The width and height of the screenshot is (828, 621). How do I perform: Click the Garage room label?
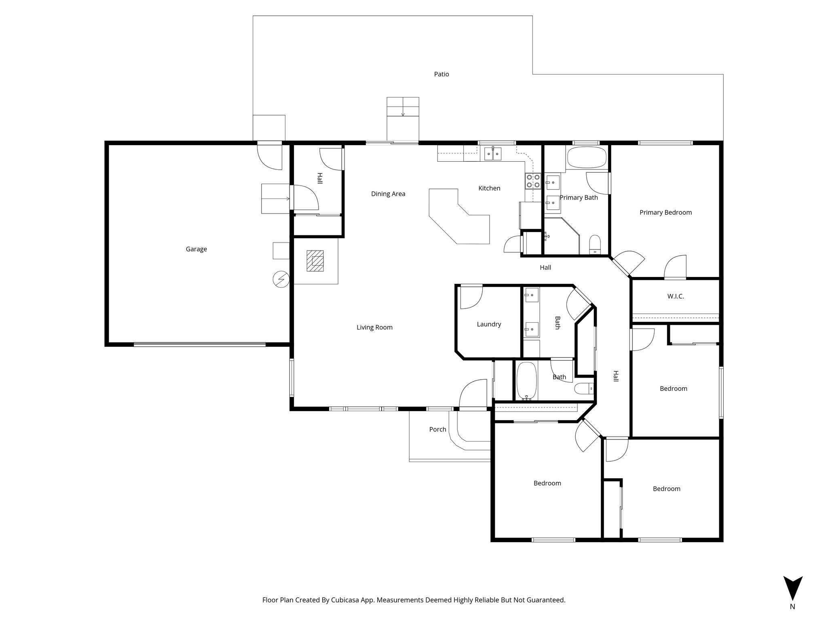[196, 249]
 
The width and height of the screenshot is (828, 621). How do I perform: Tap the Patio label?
[441, 74]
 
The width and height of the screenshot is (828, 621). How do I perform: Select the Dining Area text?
[388, 194]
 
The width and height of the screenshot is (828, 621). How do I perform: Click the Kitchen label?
[489, 188]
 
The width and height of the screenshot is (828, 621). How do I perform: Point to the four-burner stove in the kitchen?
[532, 181]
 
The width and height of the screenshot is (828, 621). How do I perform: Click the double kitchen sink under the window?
[493, 154]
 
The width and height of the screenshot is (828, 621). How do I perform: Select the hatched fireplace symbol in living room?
[315, 261]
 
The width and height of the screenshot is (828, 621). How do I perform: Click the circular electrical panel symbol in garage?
[281, 279]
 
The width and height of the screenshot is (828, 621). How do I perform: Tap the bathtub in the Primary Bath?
[587, 157]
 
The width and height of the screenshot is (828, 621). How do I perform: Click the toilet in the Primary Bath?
[595, 244]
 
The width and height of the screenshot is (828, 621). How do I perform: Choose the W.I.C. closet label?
[676, 296]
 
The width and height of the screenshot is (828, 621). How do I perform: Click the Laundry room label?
[489, 324]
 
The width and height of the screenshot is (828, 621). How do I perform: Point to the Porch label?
[437, 429]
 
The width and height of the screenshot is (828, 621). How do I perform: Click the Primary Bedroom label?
[665, 212]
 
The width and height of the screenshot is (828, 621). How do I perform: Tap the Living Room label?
[374, 327]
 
